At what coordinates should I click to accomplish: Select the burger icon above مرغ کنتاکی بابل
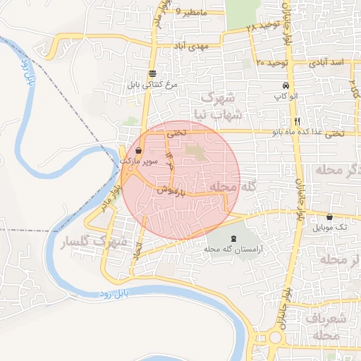(x=153, y=73)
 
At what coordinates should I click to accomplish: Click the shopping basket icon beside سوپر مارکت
(x=138, y=151)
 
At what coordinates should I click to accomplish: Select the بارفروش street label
(x=171, y=190)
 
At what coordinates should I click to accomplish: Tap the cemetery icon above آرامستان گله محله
(x=234, y=239)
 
